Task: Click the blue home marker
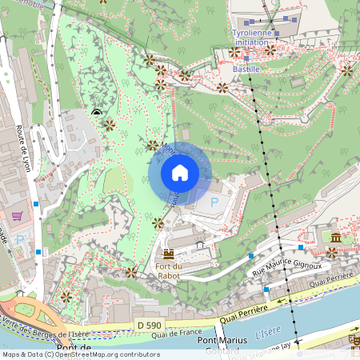[180, 173]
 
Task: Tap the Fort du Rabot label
[168, 270]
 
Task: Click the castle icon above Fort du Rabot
[169, 253]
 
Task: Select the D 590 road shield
[149, 325]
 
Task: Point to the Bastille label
[246, 70]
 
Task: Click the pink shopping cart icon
[17, 216]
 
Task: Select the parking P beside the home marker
[214, 203]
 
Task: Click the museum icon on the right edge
[337, 238]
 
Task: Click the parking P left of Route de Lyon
[20, 238]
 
